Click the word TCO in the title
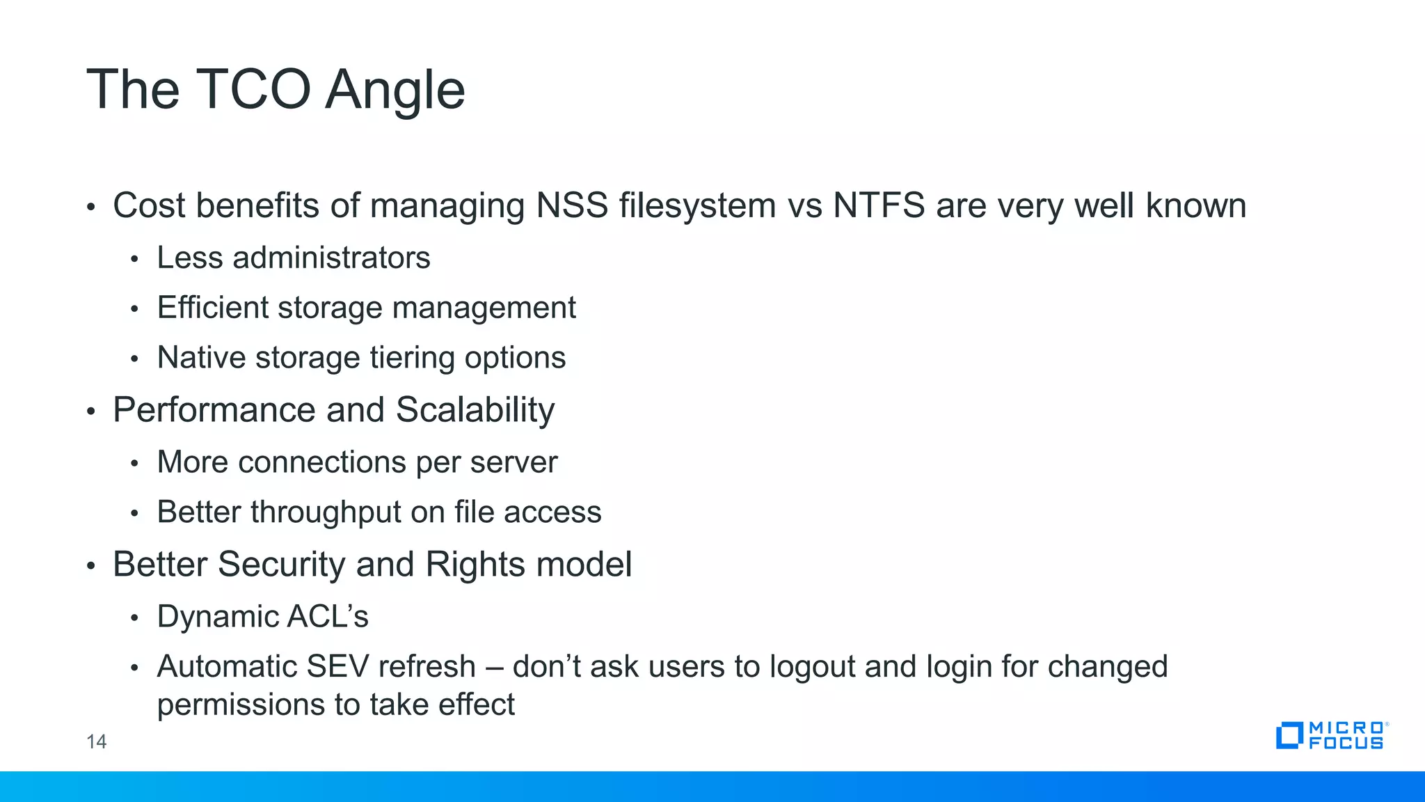click(253, 90)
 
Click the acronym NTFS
click(879, 205)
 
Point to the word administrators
click(331, 258)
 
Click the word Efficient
click(212, 308)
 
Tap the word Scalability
click(475, 410)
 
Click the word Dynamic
click(216, 617)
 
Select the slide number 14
click(96, 741)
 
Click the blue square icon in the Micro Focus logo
click(1289, 735)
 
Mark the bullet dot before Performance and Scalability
click(90, 411)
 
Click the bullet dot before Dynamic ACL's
click(135, 618)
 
